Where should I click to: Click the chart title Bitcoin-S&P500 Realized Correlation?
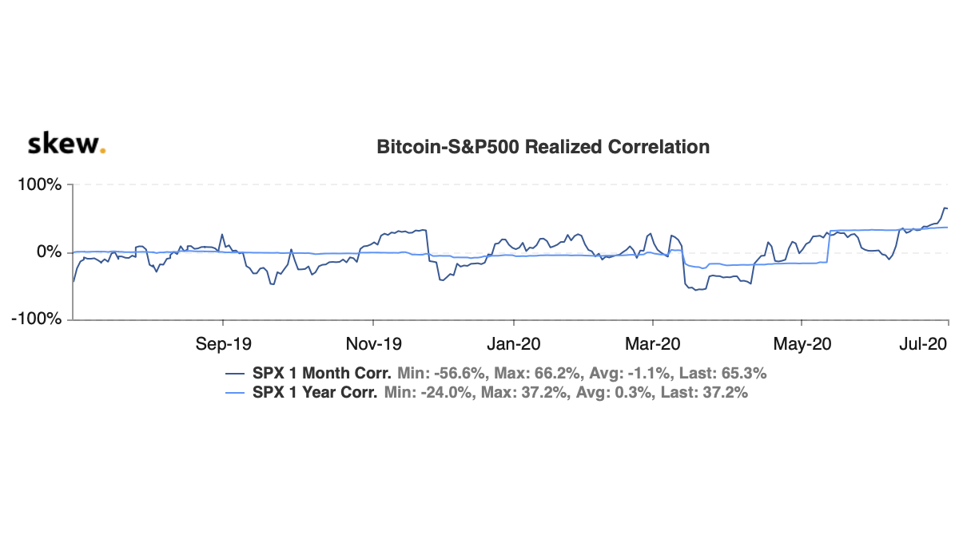click(543, 147)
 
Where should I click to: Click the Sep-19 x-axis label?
click(223, 344)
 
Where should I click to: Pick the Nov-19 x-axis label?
click(373, 344)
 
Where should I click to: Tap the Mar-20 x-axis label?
click(653, 344)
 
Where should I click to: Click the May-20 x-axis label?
click(803, 344)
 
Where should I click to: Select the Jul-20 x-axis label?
click(924, 344)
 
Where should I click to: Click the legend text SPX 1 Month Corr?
click(321, 373)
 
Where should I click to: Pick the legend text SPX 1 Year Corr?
click(315, 393)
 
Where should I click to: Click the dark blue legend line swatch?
click(237, 373)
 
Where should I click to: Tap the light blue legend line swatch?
click(237, 393)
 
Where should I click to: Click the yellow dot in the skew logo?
click(102, 150)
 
